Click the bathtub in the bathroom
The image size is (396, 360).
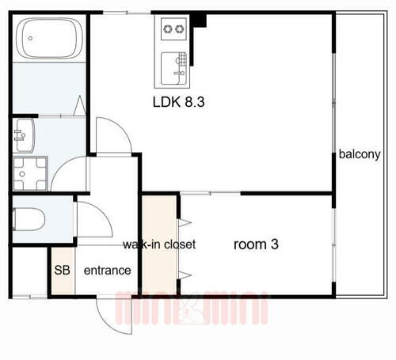pos(49,38)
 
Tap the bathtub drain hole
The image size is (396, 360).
pos(30,38)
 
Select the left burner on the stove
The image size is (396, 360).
pos(167,28)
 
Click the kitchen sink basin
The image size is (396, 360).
pos(173,68)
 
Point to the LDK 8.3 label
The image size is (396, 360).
pos(179,102)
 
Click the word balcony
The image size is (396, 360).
pos(360,154)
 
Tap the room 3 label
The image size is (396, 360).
pos(256,244)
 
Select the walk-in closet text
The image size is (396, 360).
pos(159,244)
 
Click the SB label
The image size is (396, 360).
pos(62,270)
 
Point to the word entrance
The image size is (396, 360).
pos(107,271)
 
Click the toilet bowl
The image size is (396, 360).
pos(29,219)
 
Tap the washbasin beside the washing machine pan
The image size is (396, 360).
pos(25,135)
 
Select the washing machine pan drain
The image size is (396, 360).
pos(22,174)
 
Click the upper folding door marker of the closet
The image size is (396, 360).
pos(185,223)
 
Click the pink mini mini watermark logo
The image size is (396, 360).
pos(192,308)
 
